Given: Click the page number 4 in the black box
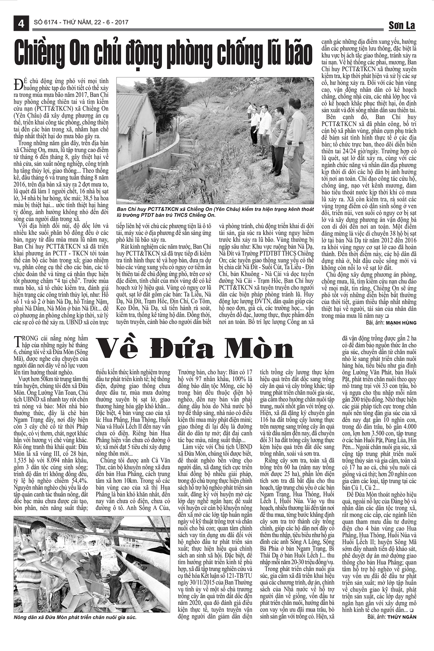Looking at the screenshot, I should click(21, 24).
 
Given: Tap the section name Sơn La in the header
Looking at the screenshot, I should click(402, 25).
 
